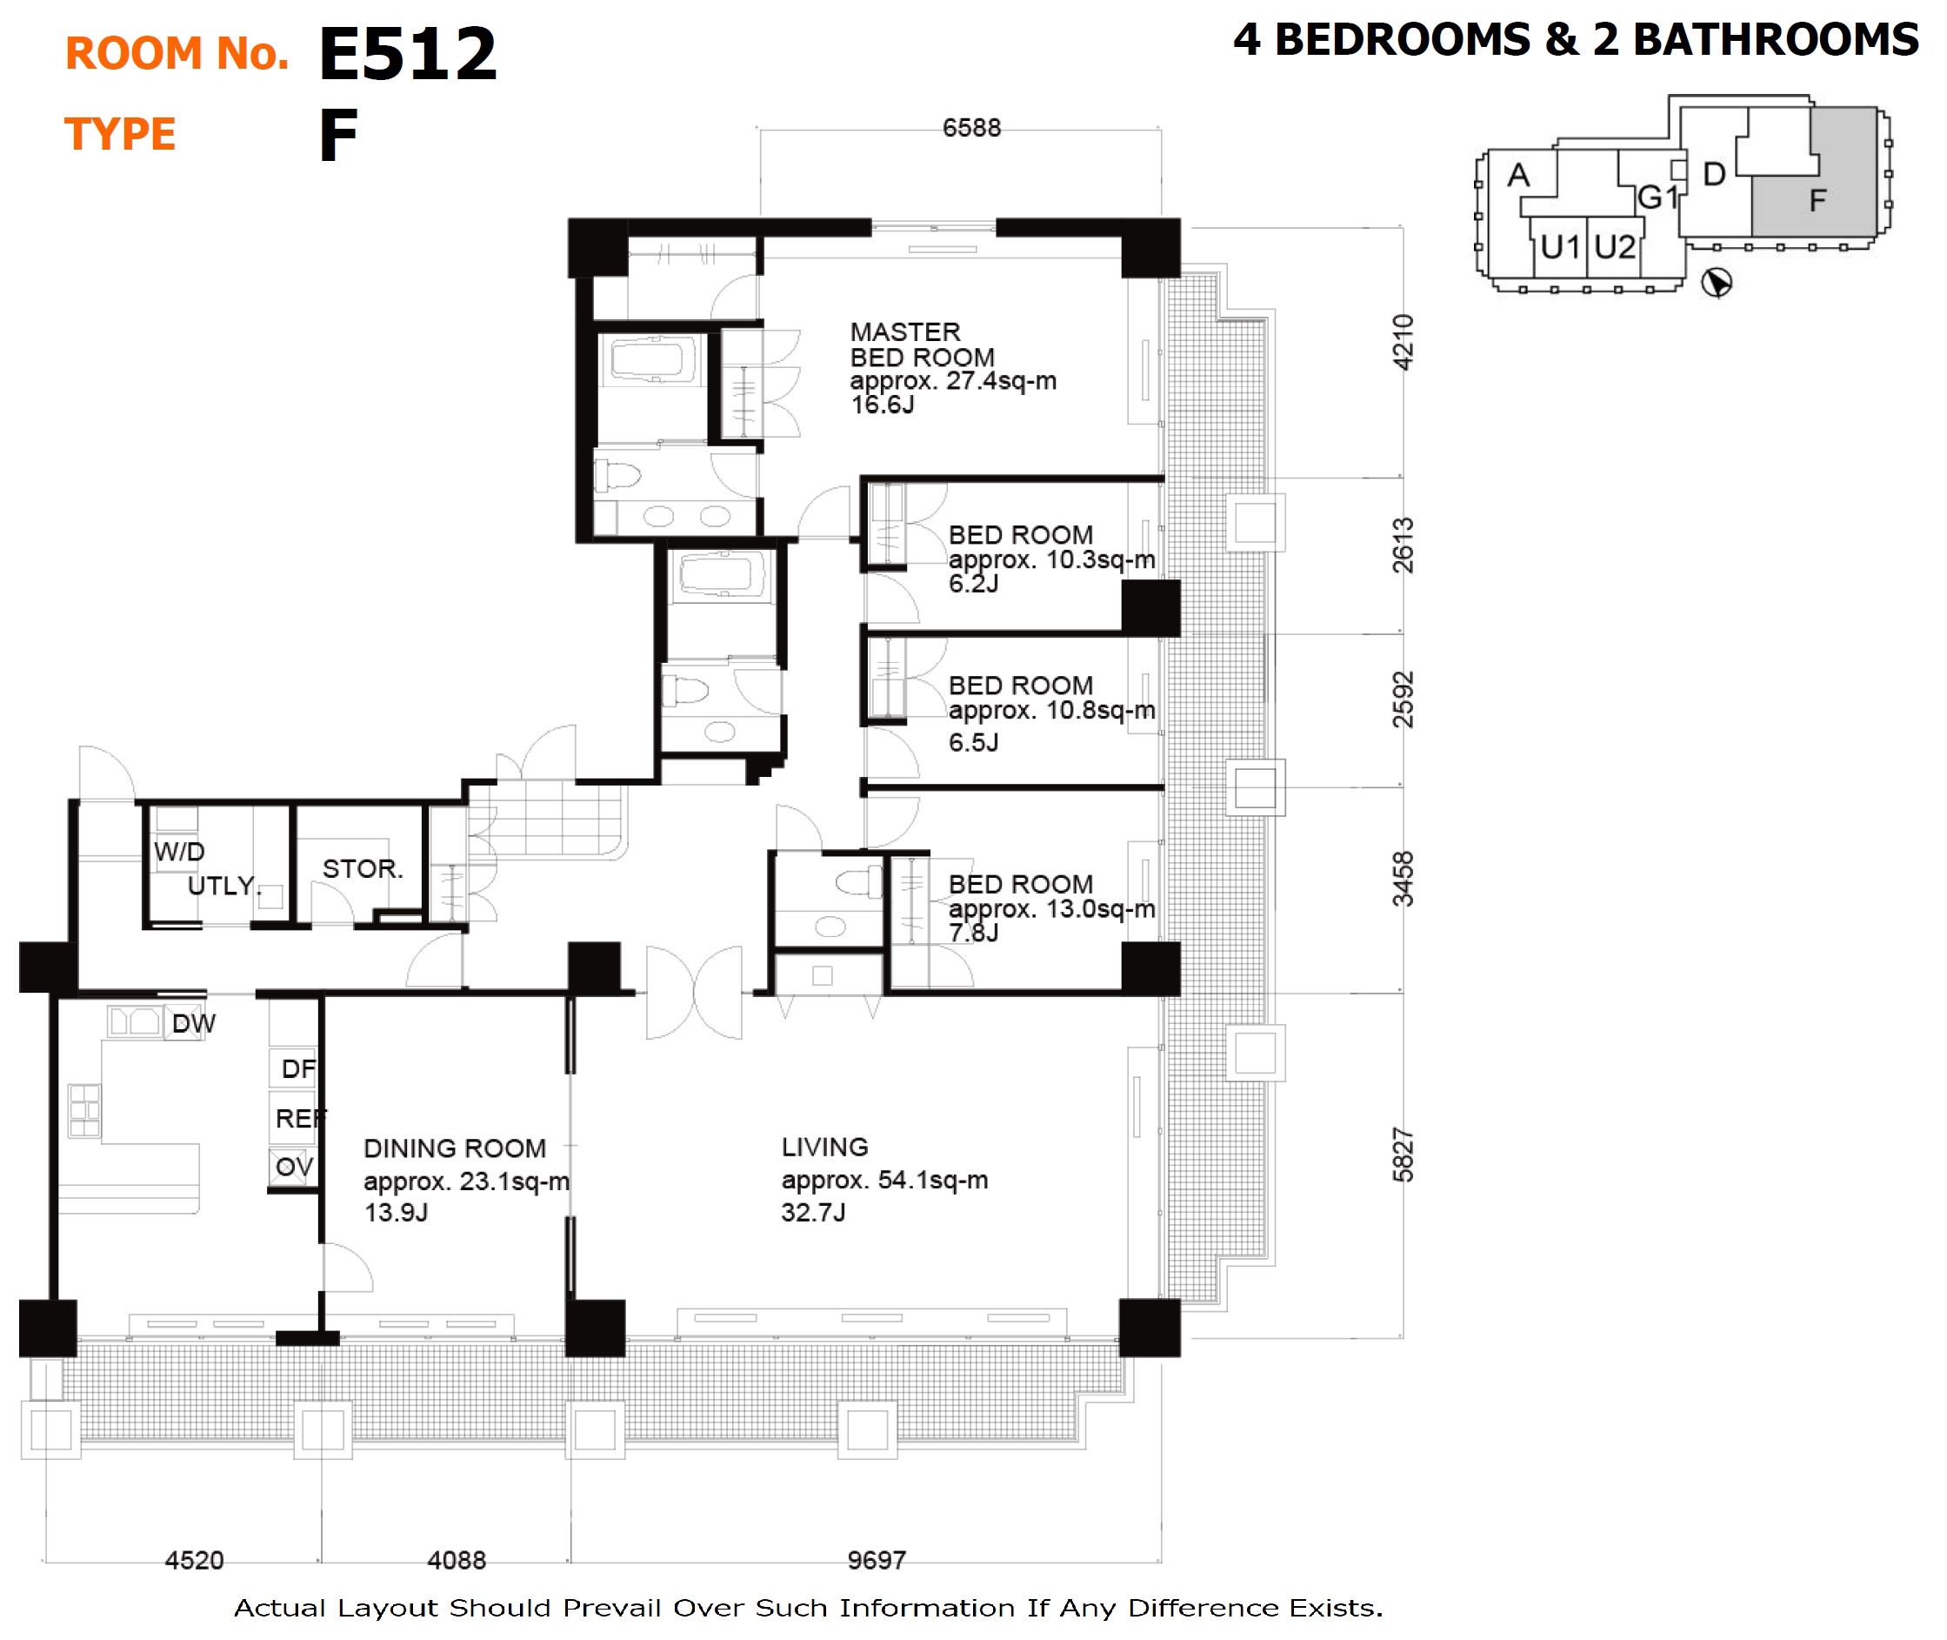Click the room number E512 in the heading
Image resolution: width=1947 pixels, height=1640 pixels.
point(408,54)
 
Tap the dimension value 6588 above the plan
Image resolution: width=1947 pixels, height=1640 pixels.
point(971,127)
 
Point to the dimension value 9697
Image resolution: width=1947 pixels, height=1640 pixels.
point(877,1559)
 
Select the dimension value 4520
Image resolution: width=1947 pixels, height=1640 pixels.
point(194,1559)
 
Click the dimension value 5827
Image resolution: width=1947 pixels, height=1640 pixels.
point(1403,1155)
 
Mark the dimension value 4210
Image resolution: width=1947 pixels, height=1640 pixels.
point(1403,341)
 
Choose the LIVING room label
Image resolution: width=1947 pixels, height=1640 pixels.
point(824,1147)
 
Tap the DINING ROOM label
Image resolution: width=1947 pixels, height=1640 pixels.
point(455,1148)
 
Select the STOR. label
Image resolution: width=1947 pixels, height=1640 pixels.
point(363,868)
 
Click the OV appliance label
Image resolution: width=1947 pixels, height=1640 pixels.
point(295,1166)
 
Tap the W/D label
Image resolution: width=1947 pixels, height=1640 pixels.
point(179,851)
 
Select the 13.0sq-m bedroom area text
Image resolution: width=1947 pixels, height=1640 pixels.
point(1051,908)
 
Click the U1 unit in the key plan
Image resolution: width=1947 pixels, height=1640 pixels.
point(1559,247)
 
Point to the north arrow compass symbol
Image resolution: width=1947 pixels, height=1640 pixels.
point(1716,283)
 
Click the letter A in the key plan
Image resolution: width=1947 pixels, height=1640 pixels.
point(1518,175)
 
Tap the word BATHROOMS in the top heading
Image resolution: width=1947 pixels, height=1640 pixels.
point(1775,40)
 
